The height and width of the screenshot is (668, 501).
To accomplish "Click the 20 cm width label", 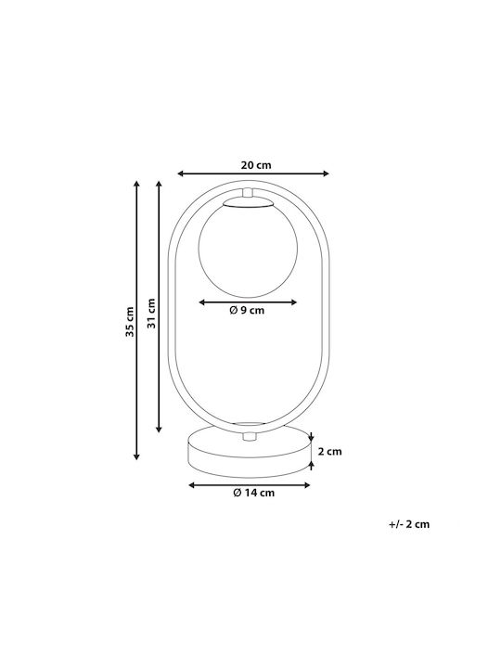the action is point(256,165).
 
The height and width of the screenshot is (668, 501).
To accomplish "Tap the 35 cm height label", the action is point(130,322).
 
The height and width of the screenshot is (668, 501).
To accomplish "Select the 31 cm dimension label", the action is point(151,314).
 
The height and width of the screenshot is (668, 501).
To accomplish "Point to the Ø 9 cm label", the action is point(247,310).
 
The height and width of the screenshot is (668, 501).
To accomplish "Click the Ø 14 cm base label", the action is point(254,493).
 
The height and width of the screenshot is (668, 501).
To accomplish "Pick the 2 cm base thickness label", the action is point(330,451).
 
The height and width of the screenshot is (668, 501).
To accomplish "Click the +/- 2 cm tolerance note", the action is point(409,524).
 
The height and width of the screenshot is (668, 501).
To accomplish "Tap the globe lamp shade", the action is point(249,250).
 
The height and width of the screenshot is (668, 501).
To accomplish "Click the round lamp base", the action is point(250,452).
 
